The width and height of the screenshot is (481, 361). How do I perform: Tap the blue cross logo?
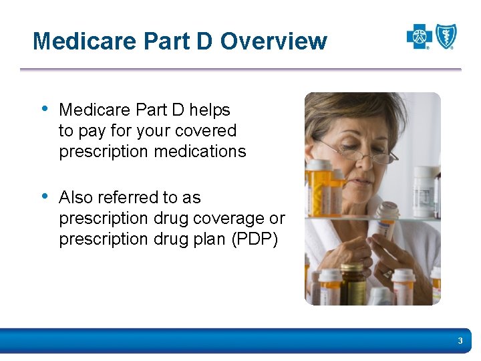[x=420, y=37]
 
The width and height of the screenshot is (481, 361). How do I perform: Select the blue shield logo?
[x=446, y=36]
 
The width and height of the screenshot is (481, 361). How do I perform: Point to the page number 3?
[x=460, y=342]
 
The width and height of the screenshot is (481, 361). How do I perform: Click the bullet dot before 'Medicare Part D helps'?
[x=45, y=108]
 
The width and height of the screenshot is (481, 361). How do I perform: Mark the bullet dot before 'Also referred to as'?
[x=45, y=196]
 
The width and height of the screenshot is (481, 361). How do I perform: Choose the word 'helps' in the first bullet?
[x=210, y=110]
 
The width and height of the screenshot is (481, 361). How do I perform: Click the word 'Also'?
[x=75, y=198]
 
